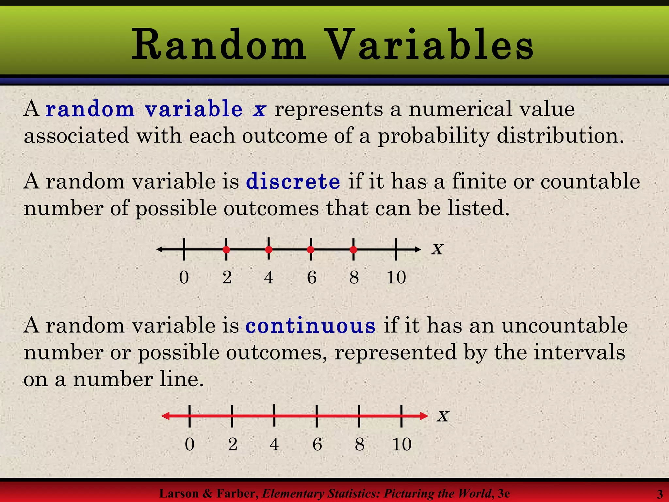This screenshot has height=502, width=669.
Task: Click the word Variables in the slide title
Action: [430, 45]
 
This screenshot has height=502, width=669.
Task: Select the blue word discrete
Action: [293, 182]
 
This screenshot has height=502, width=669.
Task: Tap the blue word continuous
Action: [310, 326]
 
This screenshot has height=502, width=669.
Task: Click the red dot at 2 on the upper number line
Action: [226, 250]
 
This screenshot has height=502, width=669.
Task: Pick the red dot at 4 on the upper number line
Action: [269, 250]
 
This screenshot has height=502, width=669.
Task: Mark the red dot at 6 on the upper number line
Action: [311, 250]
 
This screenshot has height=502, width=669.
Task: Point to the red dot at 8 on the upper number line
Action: [353, 250]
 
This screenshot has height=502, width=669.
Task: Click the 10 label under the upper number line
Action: [396, 277]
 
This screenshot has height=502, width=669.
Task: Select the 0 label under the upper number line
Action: [184, 277]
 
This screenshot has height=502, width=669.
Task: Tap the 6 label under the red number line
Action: [317, 444]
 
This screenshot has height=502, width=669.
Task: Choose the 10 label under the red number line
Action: [402, 444]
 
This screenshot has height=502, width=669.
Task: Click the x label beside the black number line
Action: [437, 249]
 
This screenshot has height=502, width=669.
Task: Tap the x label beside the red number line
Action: [443, 416]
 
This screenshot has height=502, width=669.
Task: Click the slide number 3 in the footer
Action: [660, 494]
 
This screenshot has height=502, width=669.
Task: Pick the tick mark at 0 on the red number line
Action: [189, 416]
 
